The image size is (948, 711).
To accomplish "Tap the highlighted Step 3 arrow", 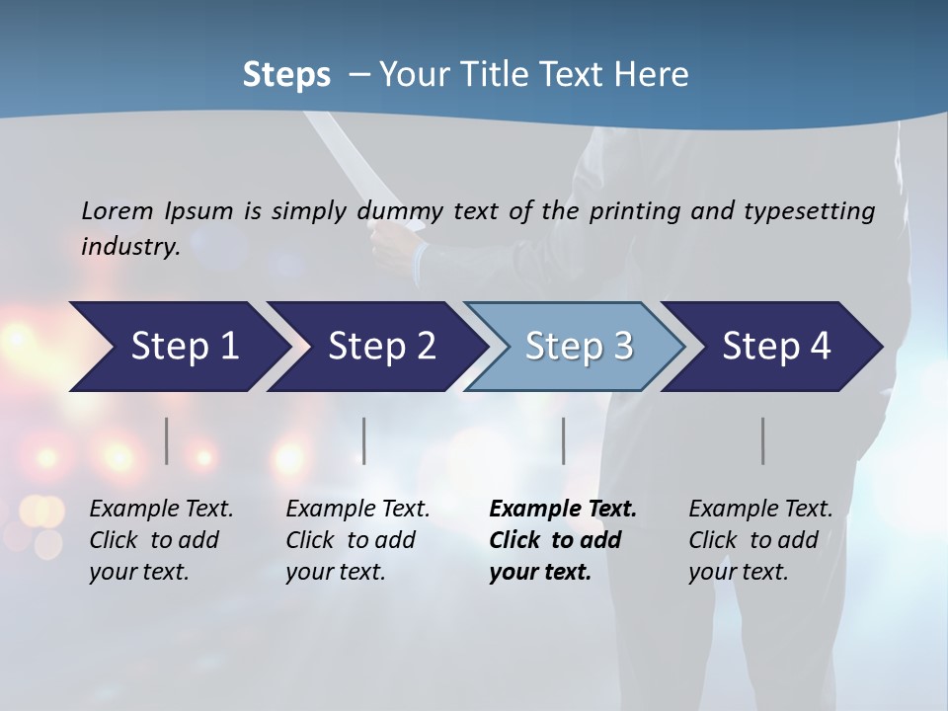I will coord(577,347).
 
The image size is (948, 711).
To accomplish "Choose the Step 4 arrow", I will coord(775,347).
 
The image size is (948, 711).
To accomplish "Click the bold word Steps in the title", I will coord(286,74).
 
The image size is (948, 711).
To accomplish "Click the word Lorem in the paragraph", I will coord(118,210).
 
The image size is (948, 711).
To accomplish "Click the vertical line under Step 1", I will coord(167,440).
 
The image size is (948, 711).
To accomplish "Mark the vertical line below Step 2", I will coord(364,440).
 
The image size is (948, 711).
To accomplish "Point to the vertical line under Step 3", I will coord(564,440).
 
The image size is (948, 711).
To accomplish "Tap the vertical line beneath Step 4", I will coord(763,440).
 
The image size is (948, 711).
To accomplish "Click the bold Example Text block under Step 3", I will coord(563,540).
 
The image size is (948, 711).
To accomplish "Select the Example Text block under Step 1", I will coord(161,540).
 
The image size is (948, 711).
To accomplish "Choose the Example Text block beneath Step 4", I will coord(760,540).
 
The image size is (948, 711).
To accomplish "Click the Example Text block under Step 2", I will coord(357,540).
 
